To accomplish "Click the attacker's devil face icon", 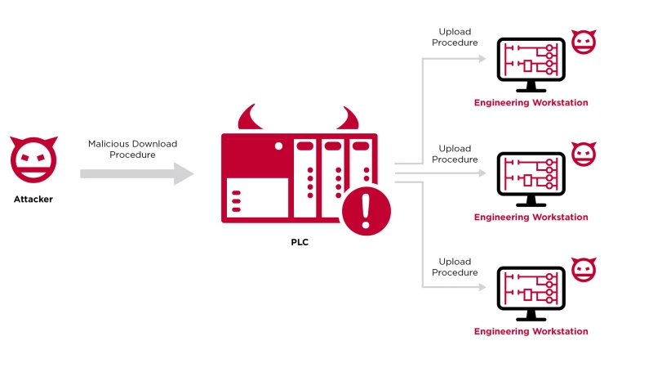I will [x=33, y=159].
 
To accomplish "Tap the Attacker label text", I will [x=33, y=199].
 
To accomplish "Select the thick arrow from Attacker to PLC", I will [x=135, y=173].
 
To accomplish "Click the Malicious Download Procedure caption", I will [x=132, y=149].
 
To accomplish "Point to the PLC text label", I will [x=300, y=242].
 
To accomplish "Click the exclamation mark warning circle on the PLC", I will [x=366, y=210].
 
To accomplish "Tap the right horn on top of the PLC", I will [x=349, y=118].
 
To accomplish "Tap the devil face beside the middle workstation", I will [x=583, y=155].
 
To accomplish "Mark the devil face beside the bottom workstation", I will [x=583, y=269].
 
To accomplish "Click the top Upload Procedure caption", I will [x=455, y=38].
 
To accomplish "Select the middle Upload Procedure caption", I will [x=455, y=154].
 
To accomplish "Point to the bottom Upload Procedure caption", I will [x=455, y=267].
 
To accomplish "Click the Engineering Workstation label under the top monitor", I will [x=531, y=103].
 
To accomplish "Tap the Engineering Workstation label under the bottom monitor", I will [x=531, y=331].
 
